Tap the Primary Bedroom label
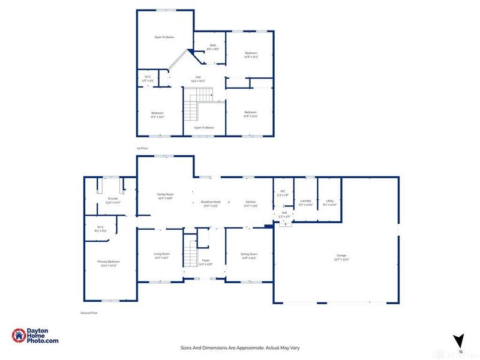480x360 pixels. coord(109,262)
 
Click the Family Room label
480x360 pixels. coord(165,195)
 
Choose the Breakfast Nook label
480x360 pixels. coord(211,202)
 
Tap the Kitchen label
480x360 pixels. coord(250,202)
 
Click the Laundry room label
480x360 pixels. coord(305,201)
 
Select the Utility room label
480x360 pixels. coord(329,201)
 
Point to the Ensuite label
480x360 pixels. coord(113,199)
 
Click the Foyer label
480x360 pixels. coord(206,260)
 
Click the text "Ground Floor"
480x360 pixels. coord(89,313)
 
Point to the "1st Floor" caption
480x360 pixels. coord(142,148)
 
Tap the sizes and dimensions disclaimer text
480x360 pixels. coord(240,347)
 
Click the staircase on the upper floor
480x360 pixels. coord(197,103)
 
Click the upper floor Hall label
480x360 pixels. coord(198,80)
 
